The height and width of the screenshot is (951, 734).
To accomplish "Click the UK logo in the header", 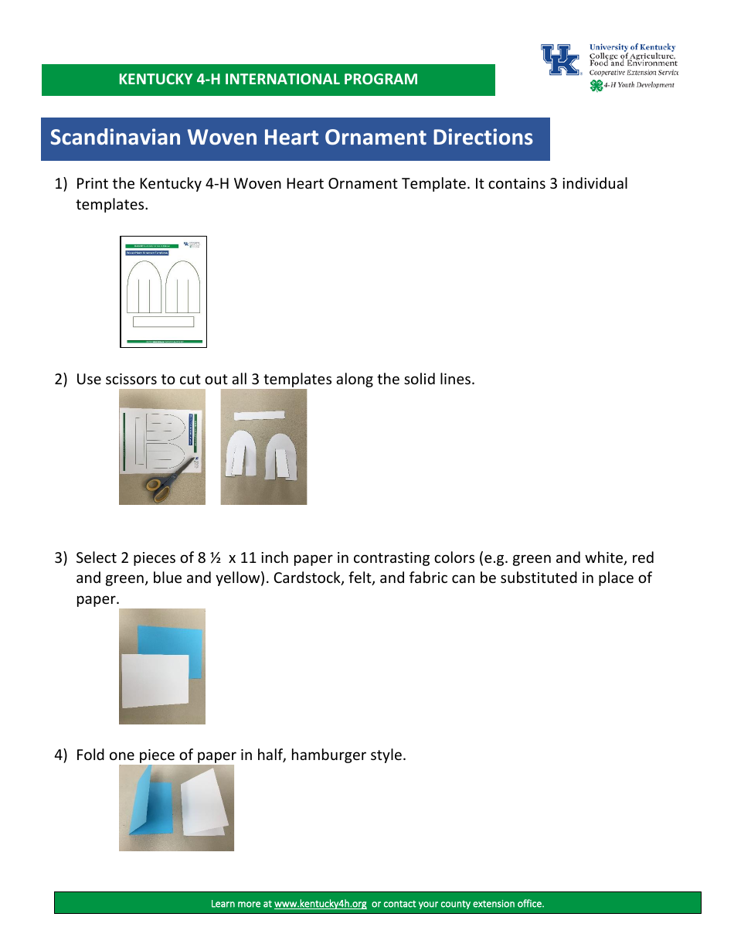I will [x=560, y=60].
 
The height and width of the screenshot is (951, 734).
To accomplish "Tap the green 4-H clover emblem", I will [x=596, y=86].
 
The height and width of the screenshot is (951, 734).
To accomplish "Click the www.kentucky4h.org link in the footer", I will [x=320, y=903].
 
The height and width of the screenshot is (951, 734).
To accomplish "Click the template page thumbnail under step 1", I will [x=164, y=291].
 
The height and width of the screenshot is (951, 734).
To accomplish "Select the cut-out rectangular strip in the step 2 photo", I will [x=260, y=415].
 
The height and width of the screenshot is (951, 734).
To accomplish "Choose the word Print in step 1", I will [x=93, y=184].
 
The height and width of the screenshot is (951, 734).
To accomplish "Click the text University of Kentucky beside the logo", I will [x=632, y=47].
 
